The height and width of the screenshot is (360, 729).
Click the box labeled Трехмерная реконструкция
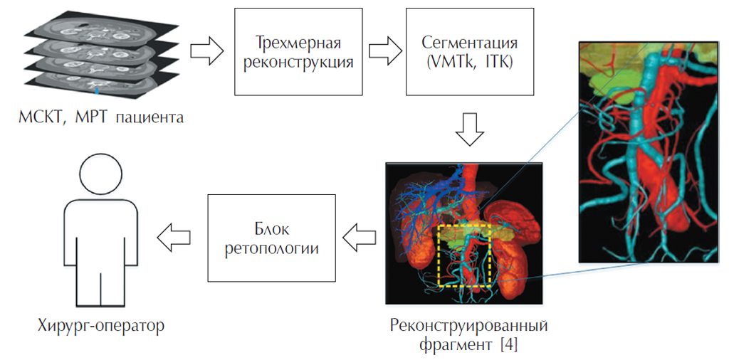coord(298,53)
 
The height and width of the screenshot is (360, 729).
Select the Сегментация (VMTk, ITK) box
coord(469,53)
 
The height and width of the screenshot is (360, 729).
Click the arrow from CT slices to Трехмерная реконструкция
coord(209,52)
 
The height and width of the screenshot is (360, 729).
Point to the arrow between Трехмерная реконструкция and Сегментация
coord(384,52)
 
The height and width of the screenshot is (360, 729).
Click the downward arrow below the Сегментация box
coord(469,127)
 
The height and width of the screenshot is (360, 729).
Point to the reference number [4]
coord(508,346)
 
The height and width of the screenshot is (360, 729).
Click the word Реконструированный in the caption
coord(468,327)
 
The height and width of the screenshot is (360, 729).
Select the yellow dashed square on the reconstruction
coord(464,255)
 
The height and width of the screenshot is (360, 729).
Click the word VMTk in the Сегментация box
coord(453,62)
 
